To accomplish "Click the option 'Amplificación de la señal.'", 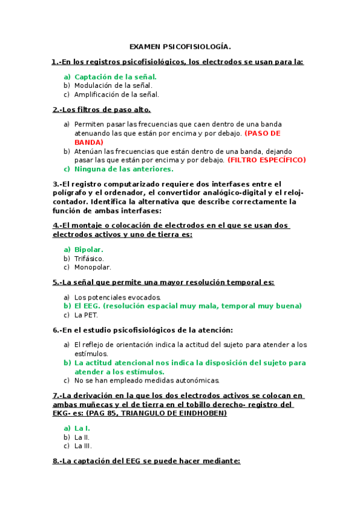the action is (117, 94).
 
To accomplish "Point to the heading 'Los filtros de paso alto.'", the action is (102, 109).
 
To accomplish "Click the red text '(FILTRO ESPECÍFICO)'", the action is (266, 160).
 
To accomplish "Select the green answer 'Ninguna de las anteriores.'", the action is (123, 169).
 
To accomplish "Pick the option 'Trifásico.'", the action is (89, 258).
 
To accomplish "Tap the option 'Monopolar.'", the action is (93, 267).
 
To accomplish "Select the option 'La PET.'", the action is (86, 315).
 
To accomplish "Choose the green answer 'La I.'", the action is (82, 428).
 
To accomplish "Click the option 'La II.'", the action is (82, 437).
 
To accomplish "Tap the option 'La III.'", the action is (83, 446).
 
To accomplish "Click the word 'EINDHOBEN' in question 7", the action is (203, 413).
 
